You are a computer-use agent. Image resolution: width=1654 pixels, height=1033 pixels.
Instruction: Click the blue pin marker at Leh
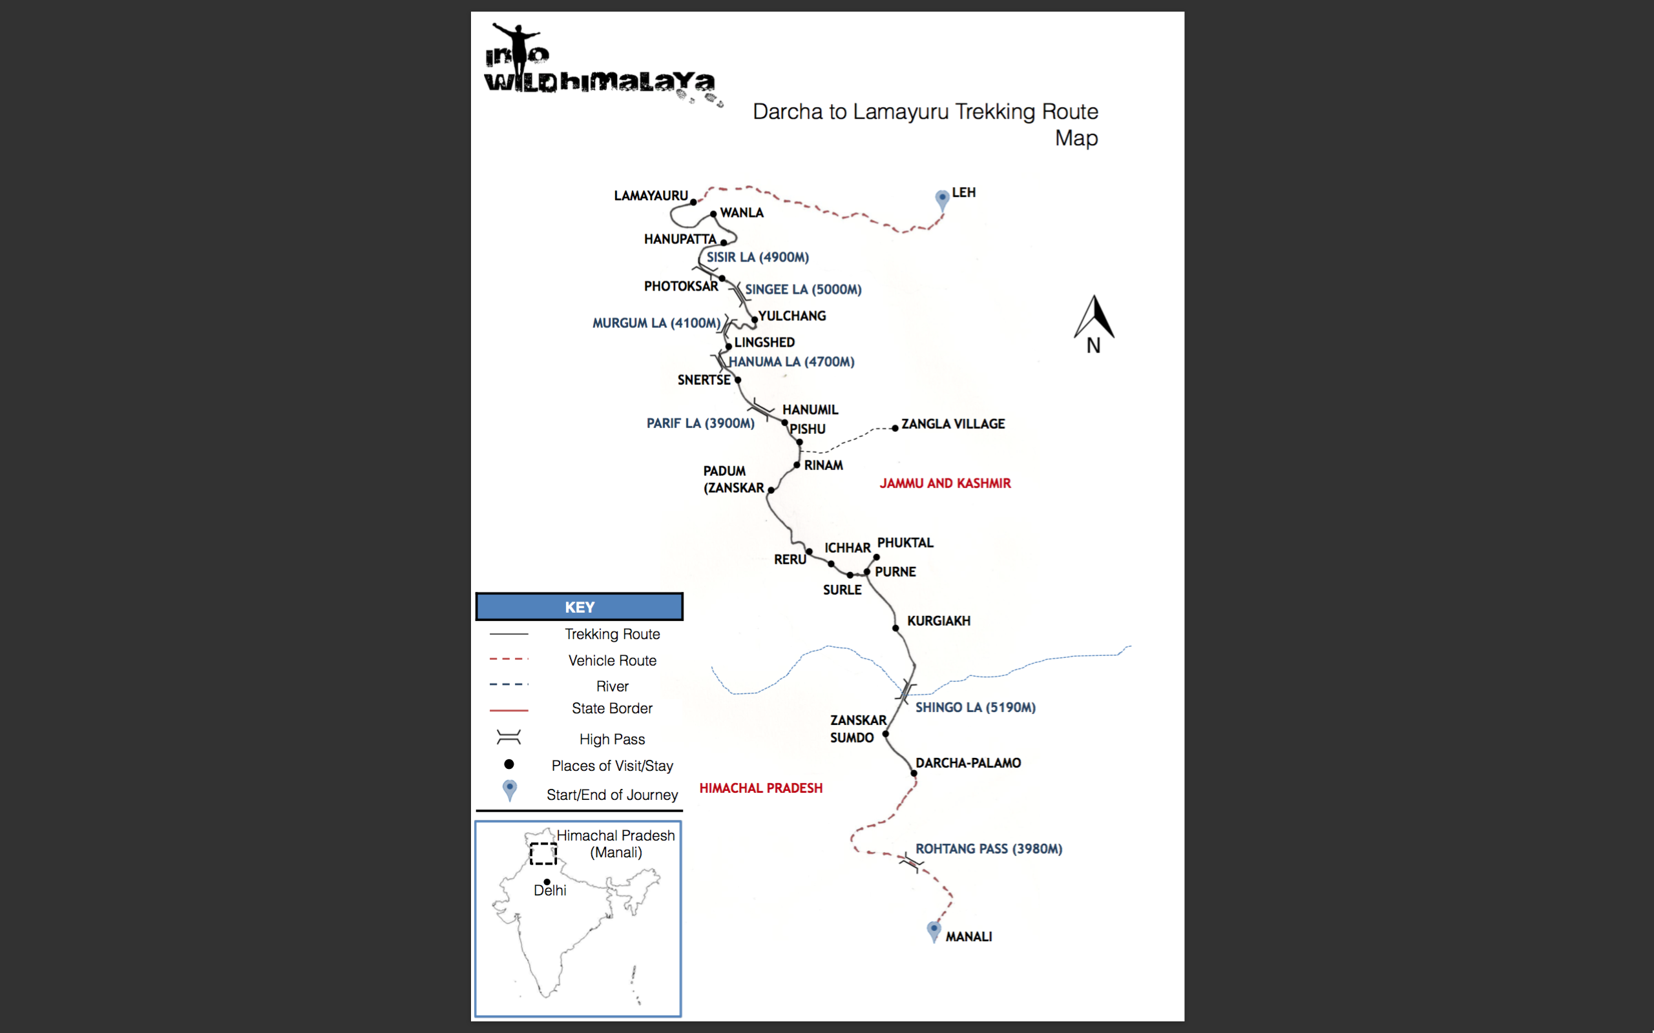tap(942, 199)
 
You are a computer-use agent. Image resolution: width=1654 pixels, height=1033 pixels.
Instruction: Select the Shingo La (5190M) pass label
tap(976, 708)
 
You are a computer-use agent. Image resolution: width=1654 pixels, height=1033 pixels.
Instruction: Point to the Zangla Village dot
tap(895, 428)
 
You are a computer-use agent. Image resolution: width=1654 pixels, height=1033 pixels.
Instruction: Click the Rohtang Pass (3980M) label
tap(989, 849)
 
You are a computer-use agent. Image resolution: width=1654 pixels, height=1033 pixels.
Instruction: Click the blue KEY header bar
tap(580, 607)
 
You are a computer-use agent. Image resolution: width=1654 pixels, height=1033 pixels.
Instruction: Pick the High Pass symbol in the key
tap(508, 737)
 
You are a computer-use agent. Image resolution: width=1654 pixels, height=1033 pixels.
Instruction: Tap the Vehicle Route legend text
tap(612, 660)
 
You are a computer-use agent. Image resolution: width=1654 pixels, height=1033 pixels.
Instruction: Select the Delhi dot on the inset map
tap(547, 882)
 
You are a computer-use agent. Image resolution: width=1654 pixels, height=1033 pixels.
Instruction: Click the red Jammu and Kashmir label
tap(945, 484)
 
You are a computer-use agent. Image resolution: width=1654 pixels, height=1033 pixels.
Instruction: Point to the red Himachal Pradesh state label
tap(760, 788)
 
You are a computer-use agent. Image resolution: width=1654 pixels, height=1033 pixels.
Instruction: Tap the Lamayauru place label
tap(651, 196)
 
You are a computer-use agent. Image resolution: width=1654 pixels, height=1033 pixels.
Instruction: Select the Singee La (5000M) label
tap(803, 290)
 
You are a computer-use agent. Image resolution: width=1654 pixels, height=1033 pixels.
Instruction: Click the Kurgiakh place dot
tap(895, 628)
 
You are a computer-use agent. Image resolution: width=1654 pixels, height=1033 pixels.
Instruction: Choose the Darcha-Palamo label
tap(968, 763)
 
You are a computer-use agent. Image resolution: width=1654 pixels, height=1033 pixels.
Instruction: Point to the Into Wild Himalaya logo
tap(602, 66)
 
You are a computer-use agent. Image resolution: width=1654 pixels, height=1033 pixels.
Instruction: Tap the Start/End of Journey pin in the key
tap(509, 790)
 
